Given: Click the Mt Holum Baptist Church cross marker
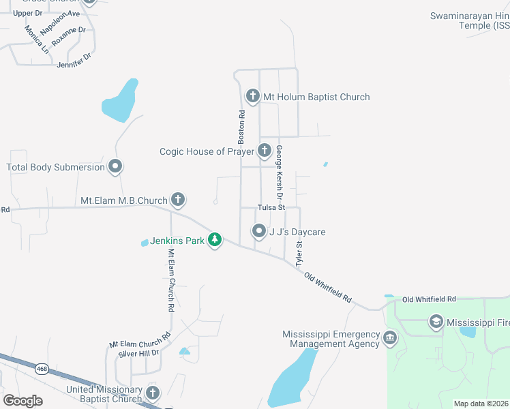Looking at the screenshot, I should click(253, 96).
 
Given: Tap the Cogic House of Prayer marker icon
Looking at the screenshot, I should click(265, 151).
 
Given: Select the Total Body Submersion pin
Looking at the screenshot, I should click(115, 166).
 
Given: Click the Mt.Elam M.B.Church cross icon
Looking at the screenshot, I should click(177, 200).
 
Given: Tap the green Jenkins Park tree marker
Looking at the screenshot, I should click(215, 239).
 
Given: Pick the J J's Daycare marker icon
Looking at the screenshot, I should click(259, 232).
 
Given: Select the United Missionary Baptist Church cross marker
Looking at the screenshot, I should click(152, 393).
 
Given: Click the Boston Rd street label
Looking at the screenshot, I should click(241, 127).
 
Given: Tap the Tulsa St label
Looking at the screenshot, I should click(271, 207).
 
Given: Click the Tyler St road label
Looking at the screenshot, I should click(299, 252).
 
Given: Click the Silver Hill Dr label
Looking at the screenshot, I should click(138, 352).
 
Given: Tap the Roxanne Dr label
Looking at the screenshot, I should click(68, 35).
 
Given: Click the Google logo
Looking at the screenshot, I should click(22, 400).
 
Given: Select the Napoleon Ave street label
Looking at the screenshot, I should click(60, 22).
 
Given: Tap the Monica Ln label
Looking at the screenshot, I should click(37, 40).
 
